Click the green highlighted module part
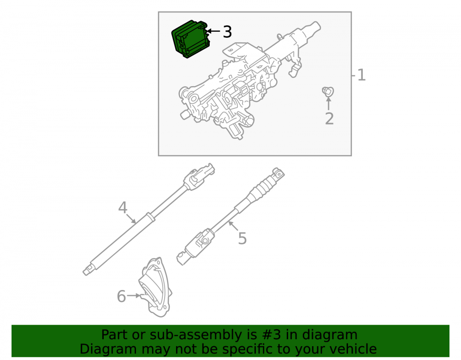point(191,39)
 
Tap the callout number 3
point(227,32)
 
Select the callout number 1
point(361,75)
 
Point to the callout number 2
point(329,118)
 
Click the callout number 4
point(123,207)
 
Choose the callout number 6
point(121,296)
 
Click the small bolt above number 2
point(328,92)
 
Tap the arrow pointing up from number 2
point(328,104)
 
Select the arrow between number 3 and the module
point(213,31)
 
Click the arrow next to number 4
point(131,218)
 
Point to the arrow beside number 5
point(233,226)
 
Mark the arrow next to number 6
point(134,295)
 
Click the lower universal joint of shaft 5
point(198,244)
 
